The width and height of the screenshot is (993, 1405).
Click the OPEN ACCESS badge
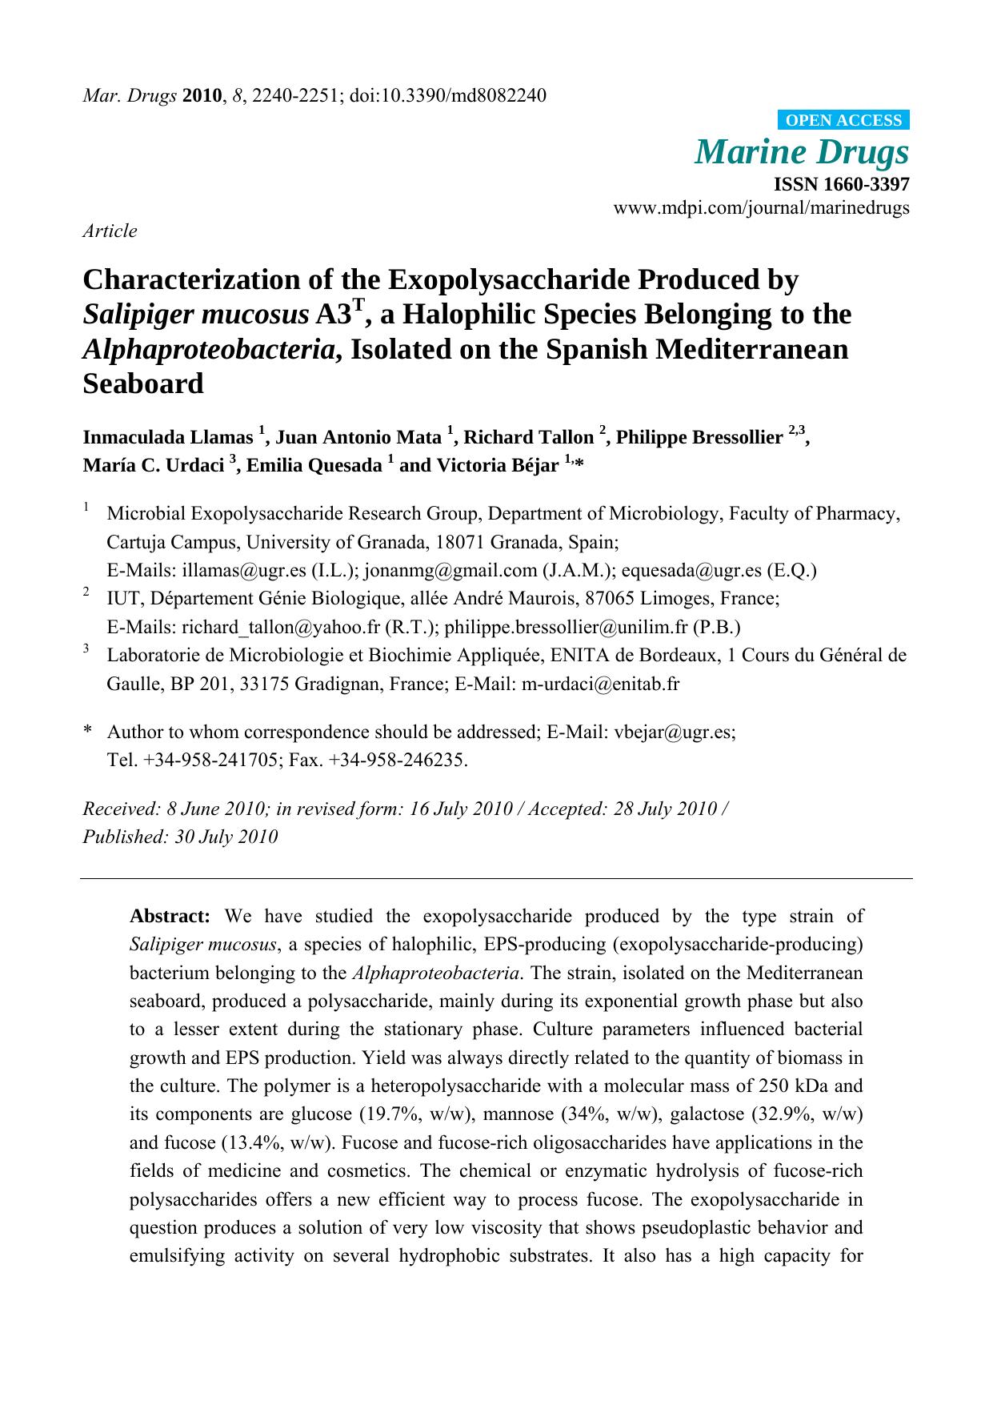tap(843, 120)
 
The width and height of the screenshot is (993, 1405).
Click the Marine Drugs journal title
tap(802, 152)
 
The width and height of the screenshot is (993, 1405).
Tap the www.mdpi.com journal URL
tap(760, 208)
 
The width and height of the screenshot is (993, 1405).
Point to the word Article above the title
tap(110, 231)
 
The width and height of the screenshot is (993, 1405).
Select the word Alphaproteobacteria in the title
tap(210, 349)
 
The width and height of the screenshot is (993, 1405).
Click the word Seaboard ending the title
tap(143, 384)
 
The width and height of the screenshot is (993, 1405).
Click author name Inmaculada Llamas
tap(167, 437)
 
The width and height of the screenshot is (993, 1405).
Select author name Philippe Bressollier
tap(699, 437)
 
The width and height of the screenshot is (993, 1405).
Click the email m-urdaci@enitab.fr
tap(600, 684)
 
